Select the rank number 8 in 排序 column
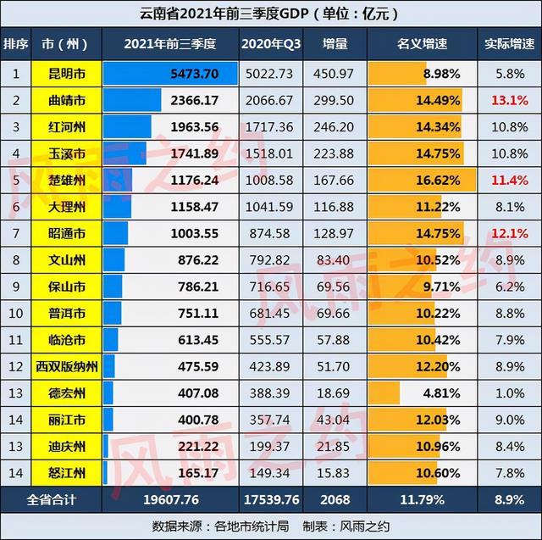pos(15,260)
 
